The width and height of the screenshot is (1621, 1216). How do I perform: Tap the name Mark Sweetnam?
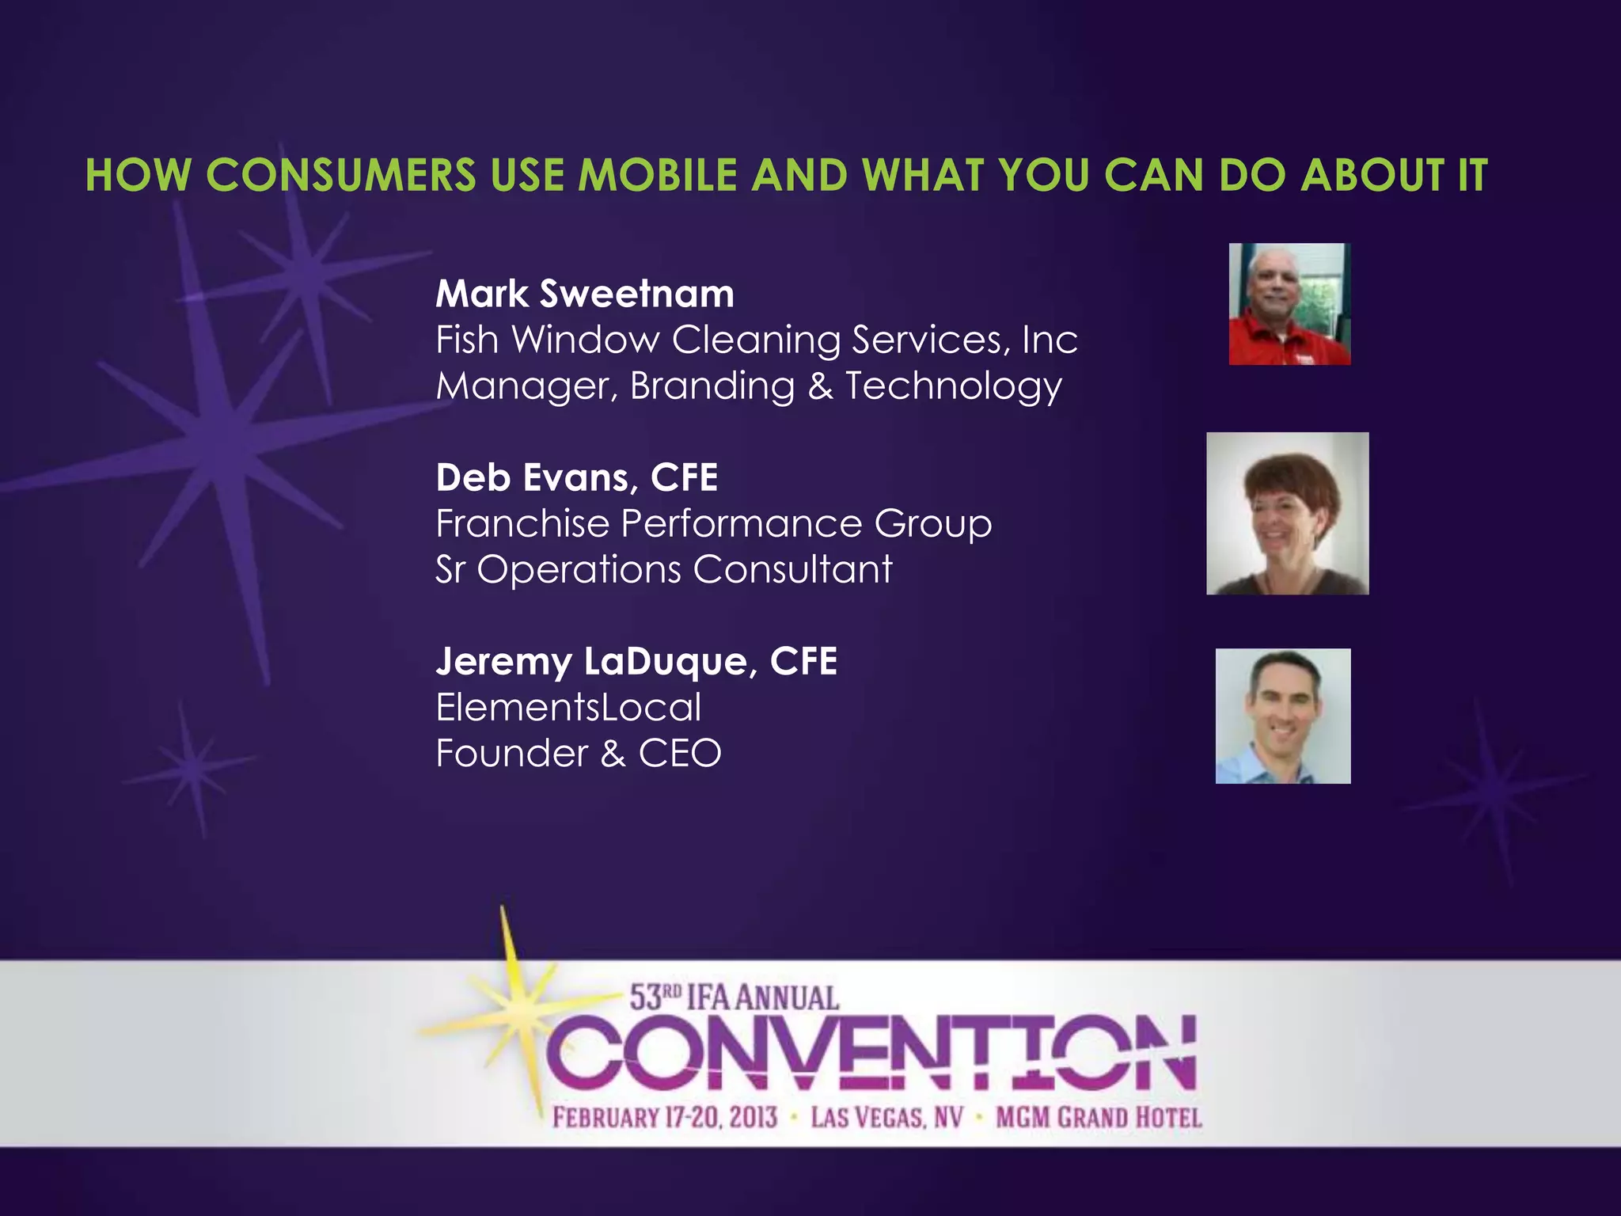[x=585, y=294]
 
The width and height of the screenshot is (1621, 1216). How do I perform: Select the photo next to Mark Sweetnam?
[x=1289, y=304]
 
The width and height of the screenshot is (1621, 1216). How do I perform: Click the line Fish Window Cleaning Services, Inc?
[x=756, y=340]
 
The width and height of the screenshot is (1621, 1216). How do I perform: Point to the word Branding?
[x=712, y=386]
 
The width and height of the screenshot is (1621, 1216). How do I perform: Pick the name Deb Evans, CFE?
[x=577, y=477]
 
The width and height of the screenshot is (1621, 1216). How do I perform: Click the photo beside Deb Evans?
[x=1287, y=513]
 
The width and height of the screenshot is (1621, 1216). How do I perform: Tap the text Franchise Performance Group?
[x=713, y=523]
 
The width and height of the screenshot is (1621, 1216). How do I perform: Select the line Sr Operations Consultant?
[x=663, y=569]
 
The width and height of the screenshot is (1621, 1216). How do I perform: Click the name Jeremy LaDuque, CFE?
[x=636, y=661]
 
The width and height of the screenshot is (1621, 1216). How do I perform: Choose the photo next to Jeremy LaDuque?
[x=1283, y=716]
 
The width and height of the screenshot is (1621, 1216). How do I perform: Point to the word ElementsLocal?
[x=568, y=707]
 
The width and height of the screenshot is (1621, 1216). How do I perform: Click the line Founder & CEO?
[x=579, y=753]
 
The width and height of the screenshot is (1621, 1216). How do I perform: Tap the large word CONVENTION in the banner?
[x=871, y=1053]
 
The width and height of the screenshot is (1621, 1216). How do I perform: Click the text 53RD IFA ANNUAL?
[x=734, y=997]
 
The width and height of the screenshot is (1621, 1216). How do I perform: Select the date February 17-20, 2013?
[x=665, y=1118]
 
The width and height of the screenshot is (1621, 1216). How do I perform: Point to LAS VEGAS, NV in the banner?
[x=886, y=1118]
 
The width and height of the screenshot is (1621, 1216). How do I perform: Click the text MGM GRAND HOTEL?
[x=1099, y=1118]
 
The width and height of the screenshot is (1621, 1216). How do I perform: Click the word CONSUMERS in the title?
[x=341, y=175]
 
